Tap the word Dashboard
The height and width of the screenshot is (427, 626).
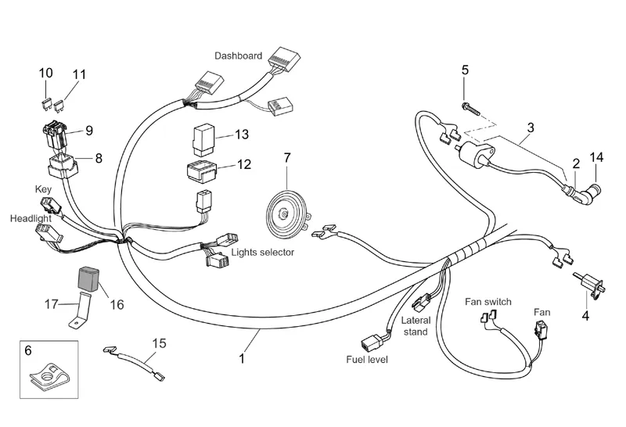[239, 56]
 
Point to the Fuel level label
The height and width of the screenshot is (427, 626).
[366, 359]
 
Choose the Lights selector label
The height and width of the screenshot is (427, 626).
[263, 253]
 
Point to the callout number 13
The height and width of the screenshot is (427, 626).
[241, 135]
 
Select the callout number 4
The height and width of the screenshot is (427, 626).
[585, 316]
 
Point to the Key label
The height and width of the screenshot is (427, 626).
[43, 189]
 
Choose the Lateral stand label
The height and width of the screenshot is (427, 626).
[415, 326]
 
